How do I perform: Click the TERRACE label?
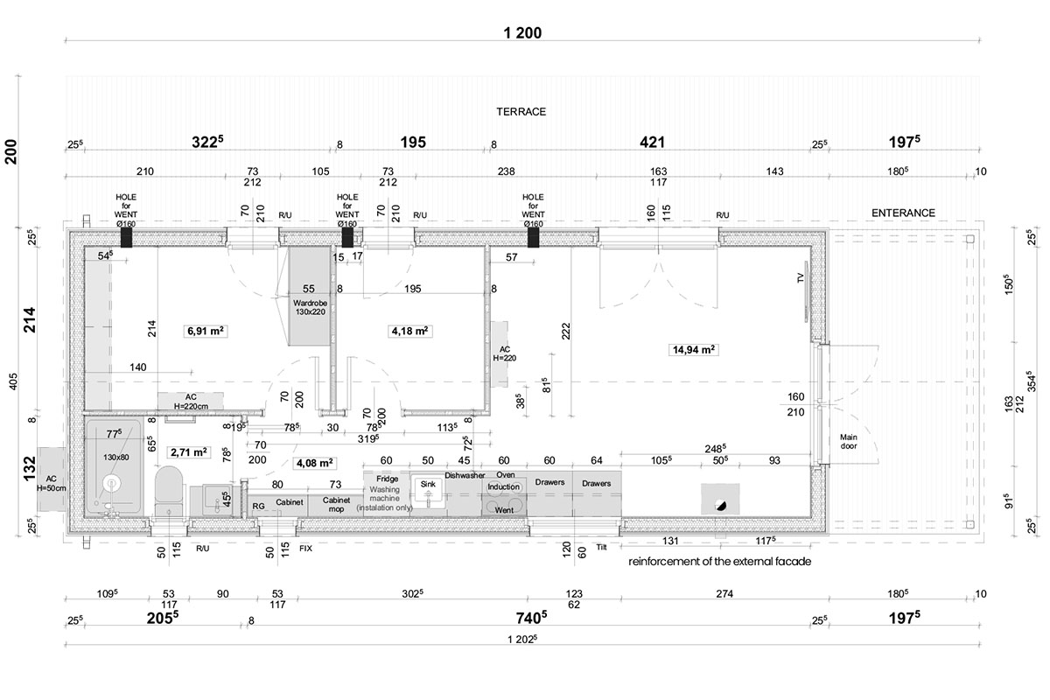click(x=521, y=112)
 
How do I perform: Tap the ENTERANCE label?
click(x=903, y=213)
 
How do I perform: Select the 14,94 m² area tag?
click(x=693, y=350)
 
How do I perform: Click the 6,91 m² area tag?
click(x=206, y=331)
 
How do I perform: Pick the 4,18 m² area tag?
click(x=409, y=331)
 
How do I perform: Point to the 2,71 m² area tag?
click(x=188, y=452)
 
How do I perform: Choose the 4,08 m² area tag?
click(x=314, y=463)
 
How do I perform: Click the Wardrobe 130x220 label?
click(x=310, y=307)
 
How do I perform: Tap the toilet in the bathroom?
click(x=168, y=490)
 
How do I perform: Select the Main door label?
click(x=849, y=441)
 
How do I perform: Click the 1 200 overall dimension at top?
click(x=522, y=33)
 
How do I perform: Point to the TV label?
click(x=801, y=277)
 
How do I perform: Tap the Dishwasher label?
click(x=465, y=475)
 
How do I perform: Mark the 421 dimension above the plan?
click(x=652, y=142)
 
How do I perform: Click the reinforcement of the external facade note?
click(x=719, y=561)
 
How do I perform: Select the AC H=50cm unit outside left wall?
click(x=51, y=479)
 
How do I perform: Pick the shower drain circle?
click(x=112, y=483)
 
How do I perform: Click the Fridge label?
click(x=387, y=479)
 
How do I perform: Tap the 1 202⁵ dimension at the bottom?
click(x=522, y=639)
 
